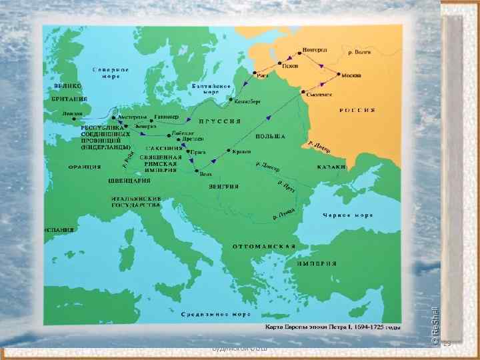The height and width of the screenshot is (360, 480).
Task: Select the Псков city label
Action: coord(289,67)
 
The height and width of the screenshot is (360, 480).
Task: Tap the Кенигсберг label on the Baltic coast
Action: coord(247,101)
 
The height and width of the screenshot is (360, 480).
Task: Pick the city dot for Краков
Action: coord(229,151)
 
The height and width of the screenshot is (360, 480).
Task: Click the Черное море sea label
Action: coord(344,215)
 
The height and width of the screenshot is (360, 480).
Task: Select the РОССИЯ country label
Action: coord(356,109)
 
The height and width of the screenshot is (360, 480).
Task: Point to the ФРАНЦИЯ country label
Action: coord(84,167)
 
